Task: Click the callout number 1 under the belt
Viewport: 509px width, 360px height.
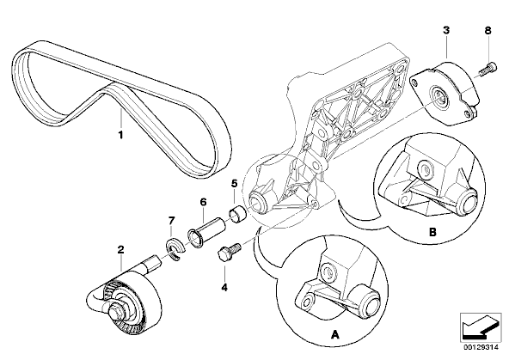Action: click(x=120, y=135)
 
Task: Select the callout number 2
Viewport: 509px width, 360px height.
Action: click(x=120, y=250)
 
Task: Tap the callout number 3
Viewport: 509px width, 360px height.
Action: click(x=446, y=30)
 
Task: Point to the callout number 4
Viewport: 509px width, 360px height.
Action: click(x=224, y=287)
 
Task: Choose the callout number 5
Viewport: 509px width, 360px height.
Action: click(x=235, y=184)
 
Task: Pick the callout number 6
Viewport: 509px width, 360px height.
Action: click(x=203, y=202)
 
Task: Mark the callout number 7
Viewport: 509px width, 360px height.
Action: click(x=171, y=221)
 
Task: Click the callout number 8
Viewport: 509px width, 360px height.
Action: click(x=488, y=30)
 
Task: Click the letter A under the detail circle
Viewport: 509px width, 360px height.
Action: click(x=334, y=334)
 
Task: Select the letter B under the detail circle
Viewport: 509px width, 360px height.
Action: click(x=432, y=232)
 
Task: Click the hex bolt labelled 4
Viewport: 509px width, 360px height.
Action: click(x=229, y=251)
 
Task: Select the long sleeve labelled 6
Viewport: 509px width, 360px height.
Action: click(x=206, y=232)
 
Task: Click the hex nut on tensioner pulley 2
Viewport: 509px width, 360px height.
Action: click(x=116, y=312)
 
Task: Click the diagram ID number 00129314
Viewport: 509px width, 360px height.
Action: click(x=481, y=347)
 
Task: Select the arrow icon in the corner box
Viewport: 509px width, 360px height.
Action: click(x=480, y=326)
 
